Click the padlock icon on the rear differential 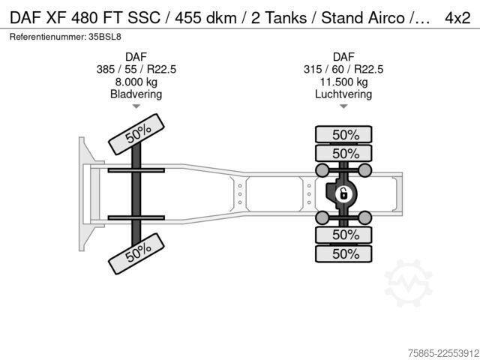[x=343, y=194]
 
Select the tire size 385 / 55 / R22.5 [x=136, y=69]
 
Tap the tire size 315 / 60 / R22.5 [x=343, y=69]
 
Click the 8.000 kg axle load [x=136, y=82]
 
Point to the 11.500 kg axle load [x=343, y=82]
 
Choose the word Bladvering [x=136, y=94]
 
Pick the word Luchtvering [x=343, y=94]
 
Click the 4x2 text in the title [x=457, y=18]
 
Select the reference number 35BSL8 [x=105, y=37]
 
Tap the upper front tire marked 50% [x=136, y=134]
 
